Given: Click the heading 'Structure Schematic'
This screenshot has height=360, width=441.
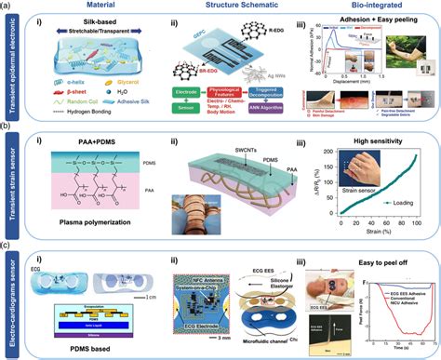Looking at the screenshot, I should pos(237,6).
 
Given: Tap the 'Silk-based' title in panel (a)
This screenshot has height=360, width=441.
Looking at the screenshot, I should pos(98,31).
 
